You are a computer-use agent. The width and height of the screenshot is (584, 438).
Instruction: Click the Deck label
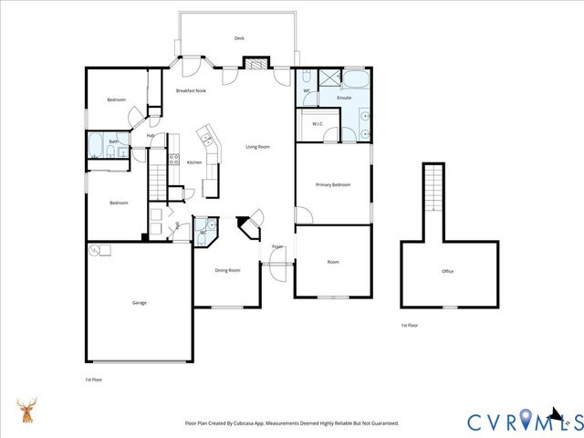click(x=239, y=38)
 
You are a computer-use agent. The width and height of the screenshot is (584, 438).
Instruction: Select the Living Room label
click(x=257, y=147)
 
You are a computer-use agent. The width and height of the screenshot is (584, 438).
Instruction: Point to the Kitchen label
click(x=194, y=162)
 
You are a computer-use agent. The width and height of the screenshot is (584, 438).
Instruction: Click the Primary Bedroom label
click(x=333, y=185)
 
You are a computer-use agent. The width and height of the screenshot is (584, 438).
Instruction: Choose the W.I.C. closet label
click(x=318, y=124)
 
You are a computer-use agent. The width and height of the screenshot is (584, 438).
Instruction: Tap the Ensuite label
click(x=344, y=97)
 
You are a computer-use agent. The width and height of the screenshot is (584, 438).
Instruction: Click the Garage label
click(x=139, y=303)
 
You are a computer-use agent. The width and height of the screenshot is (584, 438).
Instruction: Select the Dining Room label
click(x=227, y=270)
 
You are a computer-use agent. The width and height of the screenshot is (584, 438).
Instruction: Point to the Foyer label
click(x=277, y=246)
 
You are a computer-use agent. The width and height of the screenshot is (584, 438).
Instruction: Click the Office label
click(x=447, y=271)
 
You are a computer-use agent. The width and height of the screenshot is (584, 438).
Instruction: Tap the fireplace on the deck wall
click(x=256, y=64)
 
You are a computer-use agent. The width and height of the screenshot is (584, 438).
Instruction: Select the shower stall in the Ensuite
click(x=327, y=78)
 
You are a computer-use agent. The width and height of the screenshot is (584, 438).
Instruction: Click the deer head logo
click(x=28, y=412)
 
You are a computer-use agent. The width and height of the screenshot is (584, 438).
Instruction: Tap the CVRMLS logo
click(x=524, y=421)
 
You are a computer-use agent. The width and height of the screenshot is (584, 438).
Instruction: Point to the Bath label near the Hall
click(x=113, y=141)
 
